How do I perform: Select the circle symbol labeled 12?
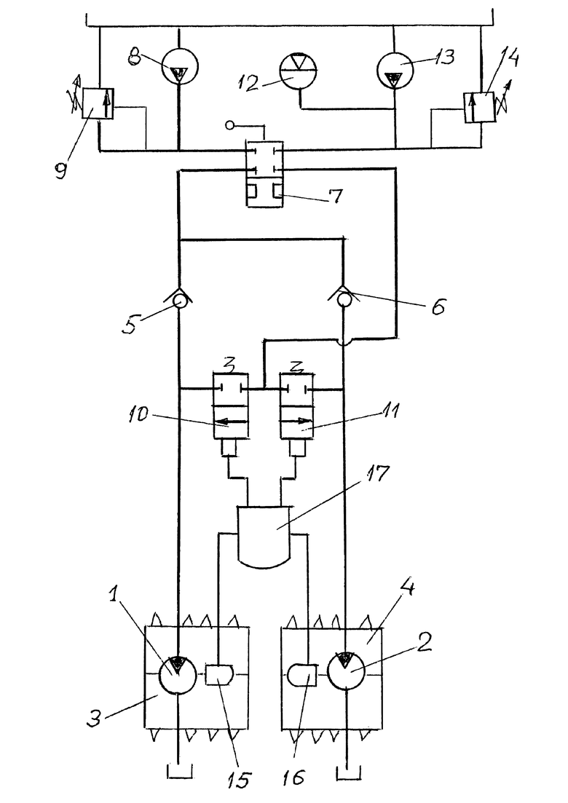click(x=299, y=71)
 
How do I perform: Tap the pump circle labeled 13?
click(x=395, y=71)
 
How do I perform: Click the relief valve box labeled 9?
click(x=98, y=103)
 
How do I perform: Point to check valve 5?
click(x=179, y=300)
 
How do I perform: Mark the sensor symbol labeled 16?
click(x=302, y=674)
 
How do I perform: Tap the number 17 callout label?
click(x=376, y=474)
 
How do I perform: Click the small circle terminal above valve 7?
click(x=230, y=125)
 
